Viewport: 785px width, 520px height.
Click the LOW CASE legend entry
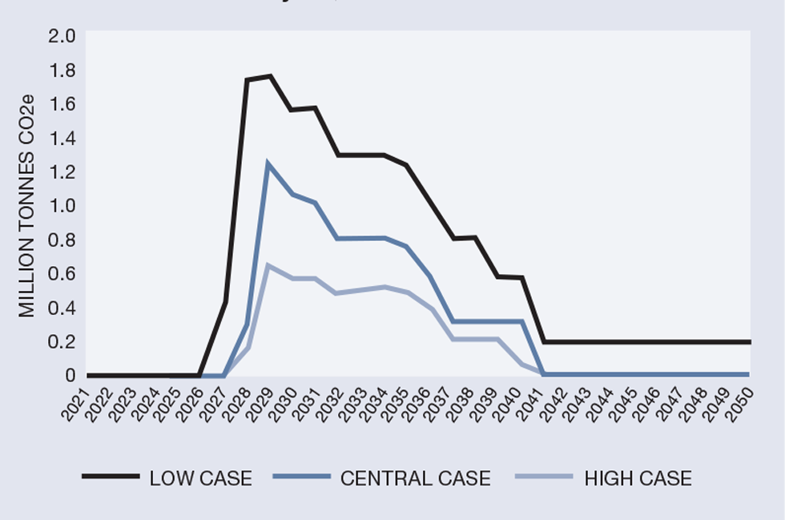pos(200,479)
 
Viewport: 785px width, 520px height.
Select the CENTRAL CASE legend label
pos(415,479)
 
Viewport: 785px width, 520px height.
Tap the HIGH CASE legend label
pos(638,479)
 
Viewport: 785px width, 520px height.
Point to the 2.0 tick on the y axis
pos(62,36)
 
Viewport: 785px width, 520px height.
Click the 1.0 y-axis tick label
pos(62,206)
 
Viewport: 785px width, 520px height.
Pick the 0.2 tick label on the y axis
pos(62,341)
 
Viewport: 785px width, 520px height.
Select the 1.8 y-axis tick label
pos(62,71)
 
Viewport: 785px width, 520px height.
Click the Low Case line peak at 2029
pos(270,76)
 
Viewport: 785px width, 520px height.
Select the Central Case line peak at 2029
pos(268,164)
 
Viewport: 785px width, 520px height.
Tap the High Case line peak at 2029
pos(268,264)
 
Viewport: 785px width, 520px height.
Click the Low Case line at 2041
pos(545,342)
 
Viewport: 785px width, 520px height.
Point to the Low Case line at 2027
pos(225,302)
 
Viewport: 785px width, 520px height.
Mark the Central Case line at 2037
pos(453,321)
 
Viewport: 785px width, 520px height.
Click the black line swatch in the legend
pos(110,478)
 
